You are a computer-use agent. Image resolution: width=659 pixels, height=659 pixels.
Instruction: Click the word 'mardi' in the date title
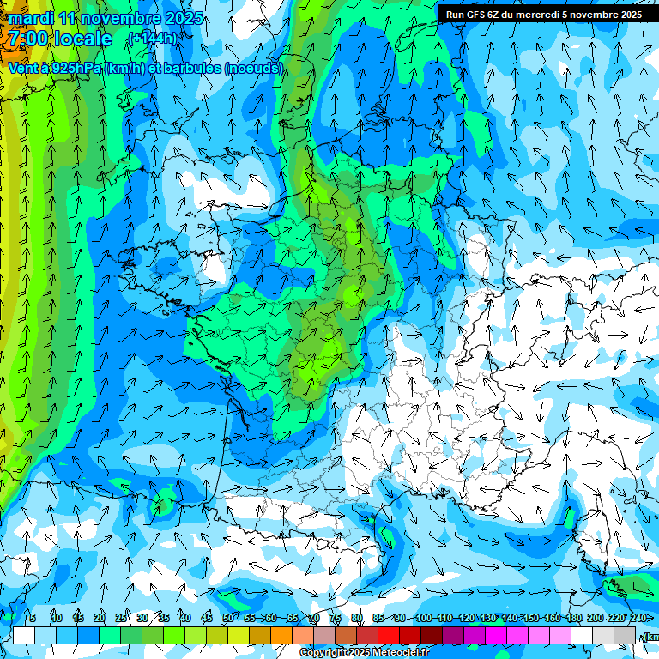pos(30,18)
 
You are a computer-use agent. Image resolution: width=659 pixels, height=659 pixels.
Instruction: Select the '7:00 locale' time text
pos(60,39)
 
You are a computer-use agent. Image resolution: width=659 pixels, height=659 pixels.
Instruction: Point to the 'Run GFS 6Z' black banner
pos(543,15)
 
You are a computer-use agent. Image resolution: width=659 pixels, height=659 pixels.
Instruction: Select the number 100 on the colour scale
pos(423,618)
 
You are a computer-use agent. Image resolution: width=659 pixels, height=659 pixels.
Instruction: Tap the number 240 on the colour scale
pos(638,618)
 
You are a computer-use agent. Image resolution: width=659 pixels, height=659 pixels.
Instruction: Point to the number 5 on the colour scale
pos(33,618)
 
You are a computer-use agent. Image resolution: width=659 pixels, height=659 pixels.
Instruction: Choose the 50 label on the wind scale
pos(227,618)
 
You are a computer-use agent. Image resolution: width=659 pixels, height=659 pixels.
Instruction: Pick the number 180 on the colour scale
pos(573,618)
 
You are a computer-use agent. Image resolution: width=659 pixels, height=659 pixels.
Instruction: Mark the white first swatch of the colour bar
pos(24,635)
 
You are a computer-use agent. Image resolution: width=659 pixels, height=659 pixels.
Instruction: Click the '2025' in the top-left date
pos(183,18)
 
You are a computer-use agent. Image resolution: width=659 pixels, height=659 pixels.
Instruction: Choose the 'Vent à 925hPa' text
pos(53,69)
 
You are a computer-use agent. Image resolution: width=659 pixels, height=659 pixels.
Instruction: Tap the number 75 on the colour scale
pos(336,618)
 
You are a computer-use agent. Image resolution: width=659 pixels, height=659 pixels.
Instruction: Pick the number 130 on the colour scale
pos(487,618)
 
